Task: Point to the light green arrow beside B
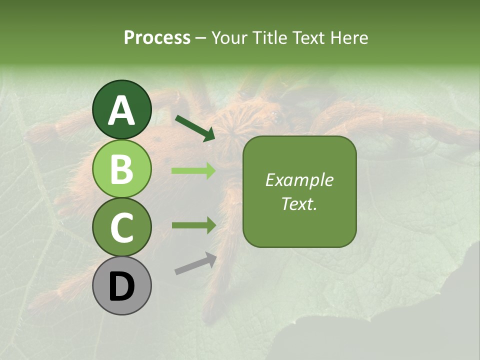coord(193,171)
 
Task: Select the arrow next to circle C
coord(193,225)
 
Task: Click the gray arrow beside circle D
coord(195,264)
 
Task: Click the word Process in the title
coord(157,38)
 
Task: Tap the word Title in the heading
coord(267,38)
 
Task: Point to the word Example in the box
coord(299,180)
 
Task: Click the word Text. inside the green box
coord(299,204)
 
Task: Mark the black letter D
coord(121,287)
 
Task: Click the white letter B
coord(121,169)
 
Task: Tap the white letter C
coord(121,228)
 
